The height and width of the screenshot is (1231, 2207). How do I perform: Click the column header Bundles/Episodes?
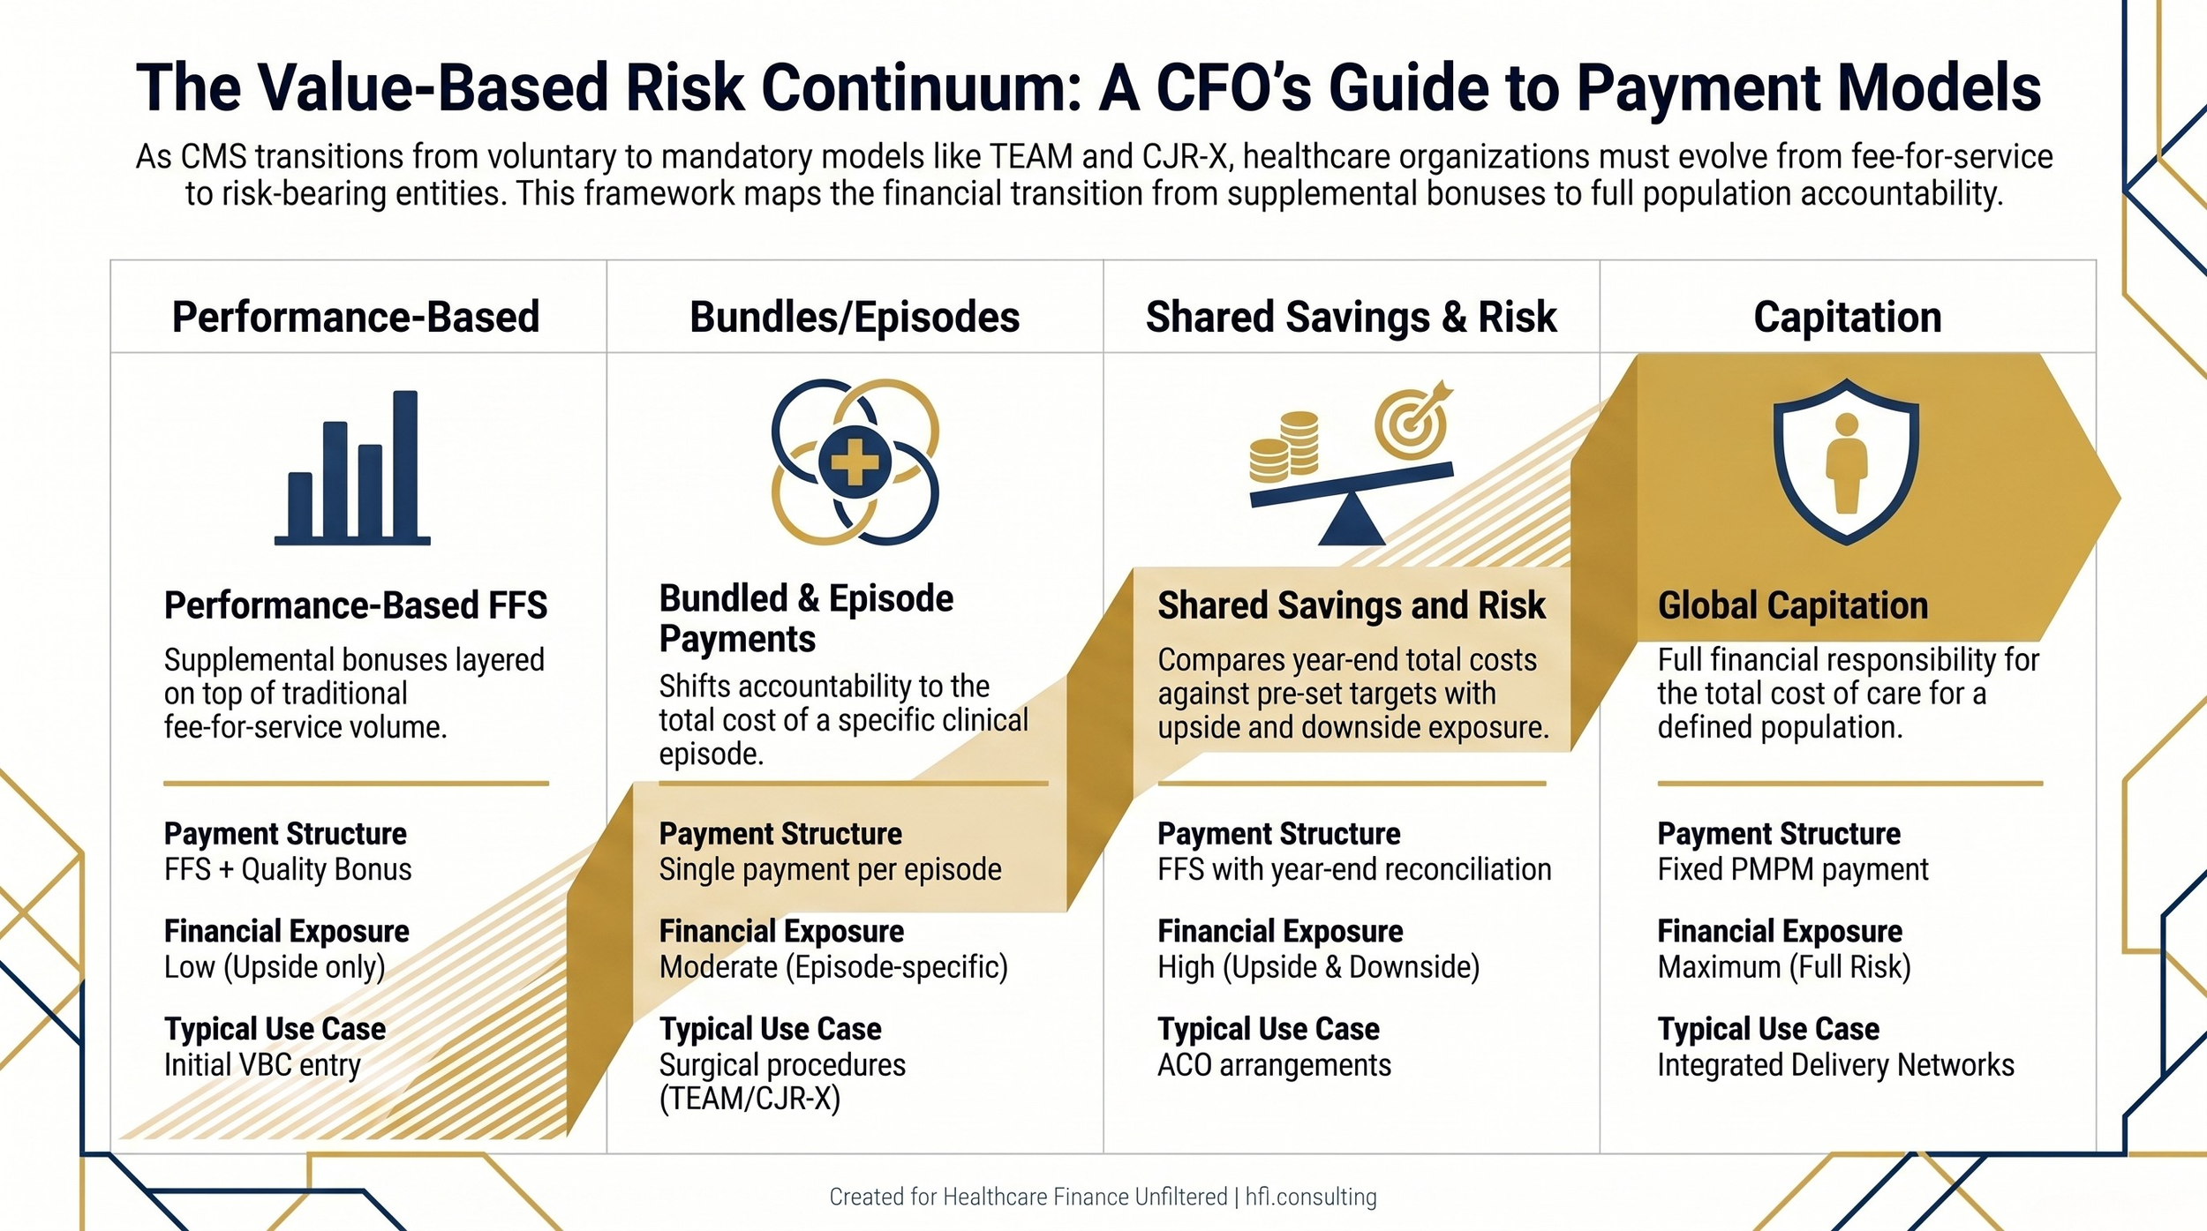coord(854,317)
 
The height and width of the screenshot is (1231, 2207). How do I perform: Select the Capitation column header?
coord(1847,317)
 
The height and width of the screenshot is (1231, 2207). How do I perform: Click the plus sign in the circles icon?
coord(854,462)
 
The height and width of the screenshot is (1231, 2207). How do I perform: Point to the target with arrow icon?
coord(1412,422)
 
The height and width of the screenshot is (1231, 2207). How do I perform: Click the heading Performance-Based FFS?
coord(356,605)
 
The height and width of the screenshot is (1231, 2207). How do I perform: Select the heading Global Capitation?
coord(1792,605)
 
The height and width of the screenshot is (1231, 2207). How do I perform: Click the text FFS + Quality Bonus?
coord(288,869)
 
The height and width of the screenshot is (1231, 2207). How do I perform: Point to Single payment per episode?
coord(830,869)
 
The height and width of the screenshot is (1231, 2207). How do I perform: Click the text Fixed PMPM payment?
coord(1792,869)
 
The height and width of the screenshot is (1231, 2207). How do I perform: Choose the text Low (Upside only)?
coord(275,967)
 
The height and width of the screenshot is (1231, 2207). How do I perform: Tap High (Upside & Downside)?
coord(1318,967)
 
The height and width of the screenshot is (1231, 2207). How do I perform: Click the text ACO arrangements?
coord(1274,1065)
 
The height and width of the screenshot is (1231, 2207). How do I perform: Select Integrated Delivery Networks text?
coord(1835,1065)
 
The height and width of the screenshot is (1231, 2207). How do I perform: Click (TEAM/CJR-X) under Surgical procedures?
coord(749,1100)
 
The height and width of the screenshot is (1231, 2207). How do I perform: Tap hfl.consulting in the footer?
coord(1311,1197)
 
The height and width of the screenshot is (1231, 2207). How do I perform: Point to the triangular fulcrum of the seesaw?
coord(1351,522)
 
